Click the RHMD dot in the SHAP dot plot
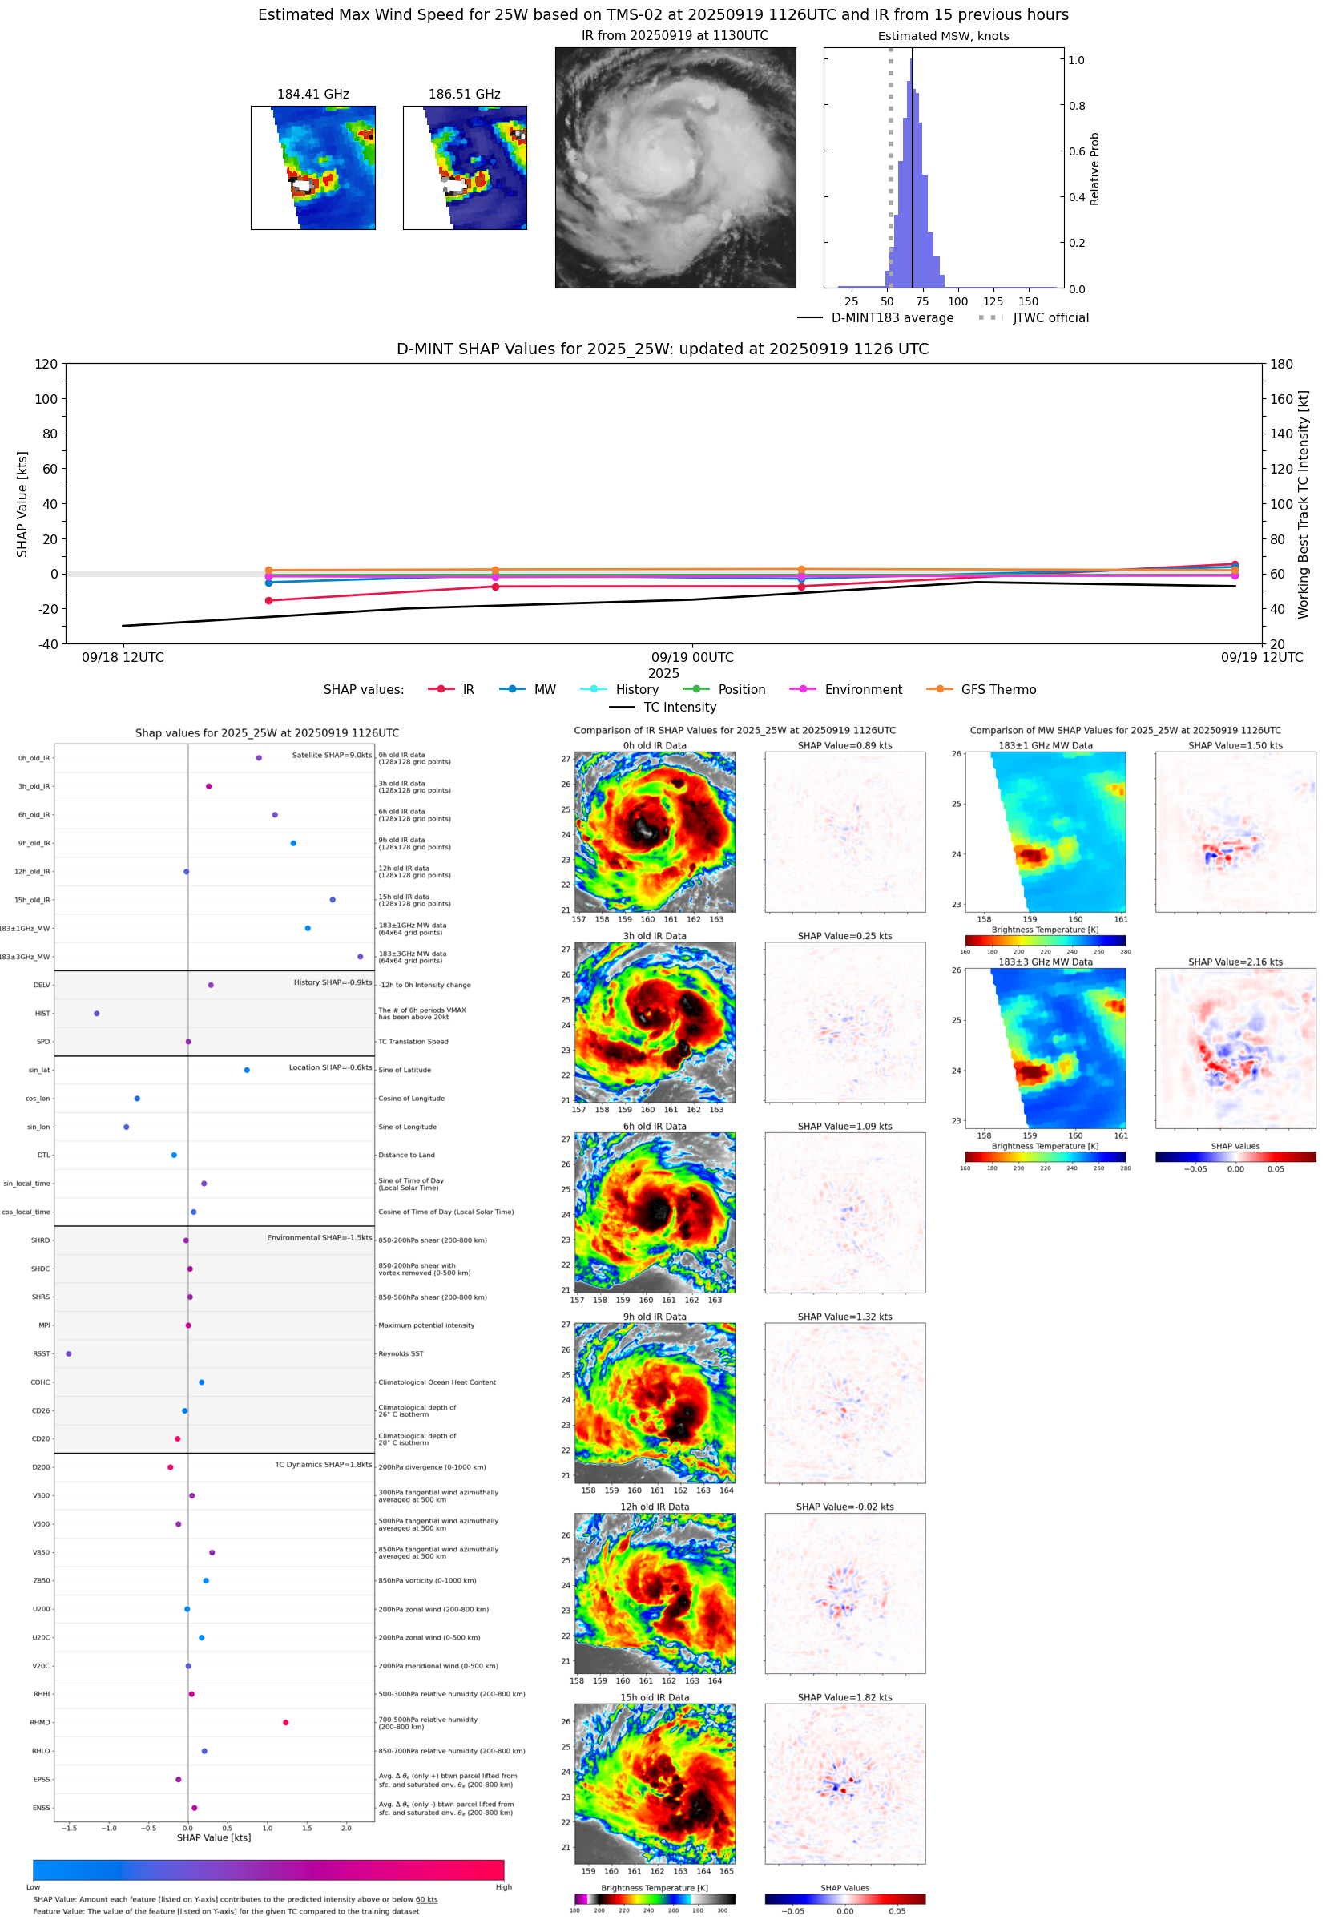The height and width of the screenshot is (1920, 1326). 286,1722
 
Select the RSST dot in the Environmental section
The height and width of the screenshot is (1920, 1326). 68,1353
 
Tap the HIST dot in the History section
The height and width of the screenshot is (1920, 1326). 96,1014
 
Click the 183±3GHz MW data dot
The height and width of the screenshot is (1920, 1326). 360,956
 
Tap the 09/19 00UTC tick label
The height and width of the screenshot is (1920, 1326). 692,657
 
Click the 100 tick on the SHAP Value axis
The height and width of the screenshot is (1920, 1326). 46,399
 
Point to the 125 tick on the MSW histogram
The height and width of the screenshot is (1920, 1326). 993,301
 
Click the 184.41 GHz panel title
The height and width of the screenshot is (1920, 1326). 312,94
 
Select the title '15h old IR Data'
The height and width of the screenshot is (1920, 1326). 655,1697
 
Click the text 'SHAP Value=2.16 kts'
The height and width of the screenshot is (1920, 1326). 1235,962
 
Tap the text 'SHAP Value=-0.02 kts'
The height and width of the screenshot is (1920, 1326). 844,1507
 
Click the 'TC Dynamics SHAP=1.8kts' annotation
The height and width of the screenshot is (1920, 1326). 323,1465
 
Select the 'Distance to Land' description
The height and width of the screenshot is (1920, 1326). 406,1155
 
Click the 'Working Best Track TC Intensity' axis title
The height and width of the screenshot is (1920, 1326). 1303,504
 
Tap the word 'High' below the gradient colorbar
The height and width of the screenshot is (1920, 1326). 503,1887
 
